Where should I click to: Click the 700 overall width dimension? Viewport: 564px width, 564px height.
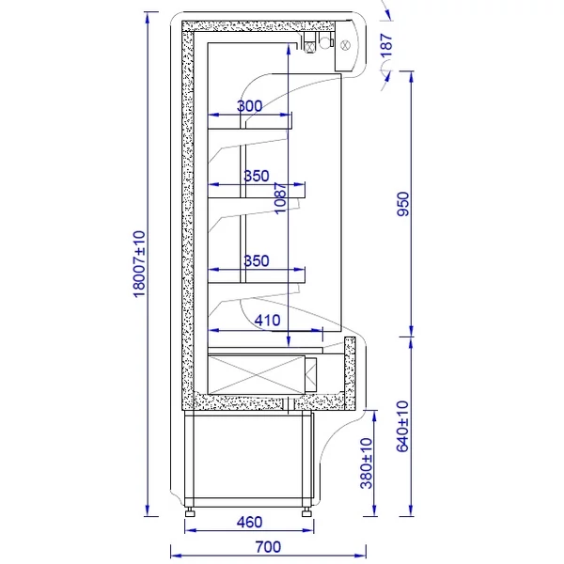pos(268,547)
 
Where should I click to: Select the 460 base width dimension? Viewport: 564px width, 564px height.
pos(249,522)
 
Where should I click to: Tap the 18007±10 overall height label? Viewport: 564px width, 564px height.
pos(139,264)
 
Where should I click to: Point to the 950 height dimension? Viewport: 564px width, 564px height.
pos(403,204)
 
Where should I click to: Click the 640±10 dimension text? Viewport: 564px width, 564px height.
pos(402,426)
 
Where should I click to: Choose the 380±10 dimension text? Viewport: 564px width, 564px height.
pos(367,463)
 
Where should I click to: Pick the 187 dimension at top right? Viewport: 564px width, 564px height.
pos(386,45)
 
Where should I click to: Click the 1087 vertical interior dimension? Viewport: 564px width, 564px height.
pos(280,198)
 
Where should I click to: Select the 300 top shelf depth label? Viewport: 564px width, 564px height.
pos(250,106)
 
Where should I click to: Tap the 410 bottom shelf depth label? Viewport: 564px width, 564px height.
pos(267,321)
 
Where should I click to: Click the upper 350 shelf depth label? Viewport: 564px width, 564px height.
pos(257,176)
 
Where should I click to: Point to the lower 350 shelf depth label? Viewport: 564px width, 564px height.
pos(257,260)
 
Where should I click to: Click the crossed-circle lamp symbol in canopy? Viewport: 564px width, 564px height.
pos(345,45)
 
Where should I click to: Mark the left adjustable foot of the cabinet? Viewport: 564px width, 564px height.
pos(190,512)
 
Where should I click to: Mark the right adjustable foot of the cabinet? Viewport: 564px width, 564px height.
pos(306,512)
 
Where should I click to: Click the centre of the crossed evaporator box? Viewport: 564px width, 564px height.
pos(256,375)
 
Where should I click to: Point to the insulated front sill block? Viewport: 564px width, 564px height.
pos(350,373)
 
